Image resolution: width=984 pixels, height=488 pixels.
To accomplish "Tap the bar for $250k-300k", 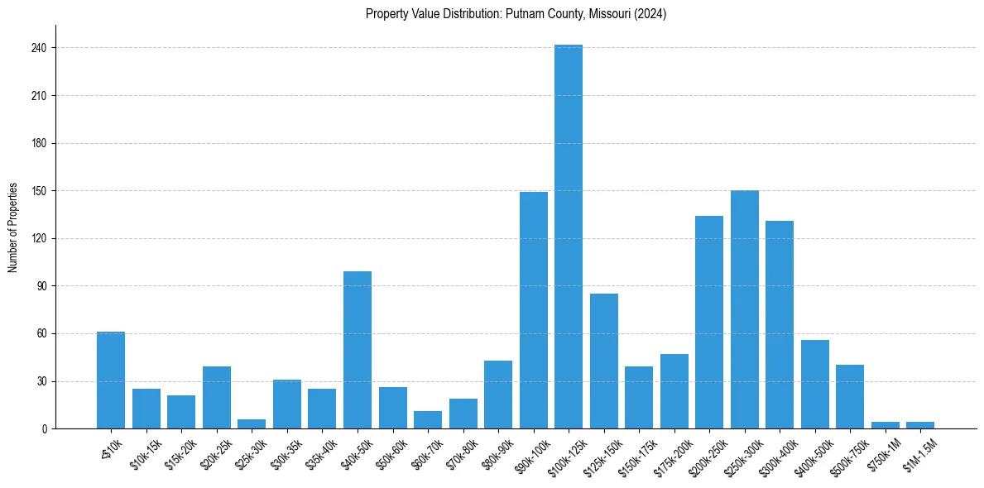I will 745,309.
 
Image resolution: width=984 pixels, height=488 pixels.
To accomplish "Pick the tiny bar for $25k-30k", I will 252,424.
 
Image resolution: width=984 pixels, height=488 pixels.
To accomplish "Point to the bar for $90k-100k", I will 534,310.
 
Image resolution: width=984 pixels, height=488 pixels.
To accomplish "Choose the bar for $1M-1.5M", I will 920,425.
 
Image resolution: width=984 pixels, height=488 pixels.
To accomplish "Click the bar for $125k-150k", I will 604,361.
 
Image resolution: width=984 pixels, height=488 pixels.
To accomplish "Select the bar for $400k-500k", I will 815,385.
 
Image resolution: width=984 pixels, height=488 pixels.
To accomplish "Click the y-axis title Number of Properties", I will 13,227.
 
